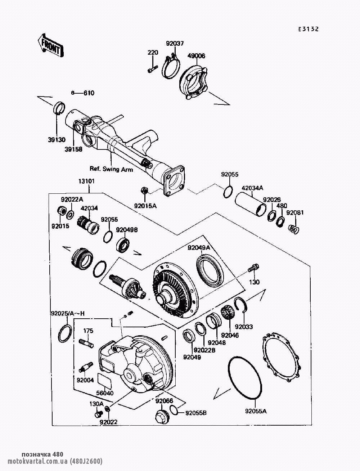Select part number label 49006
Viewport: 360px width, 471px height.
[196, 56]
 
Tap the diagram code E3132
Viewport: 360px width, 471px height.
[308, 30]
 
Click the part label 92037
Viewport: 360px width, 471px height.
[175, 44]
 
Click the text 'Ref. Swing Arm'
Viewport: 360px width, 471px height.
[111, 169]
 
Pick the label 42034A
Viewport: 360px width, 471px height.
[252, 188]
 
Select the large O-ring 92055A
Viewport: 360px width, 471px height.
[243, 378]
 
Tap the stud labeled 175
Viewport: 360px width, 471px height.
[86, 342]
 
